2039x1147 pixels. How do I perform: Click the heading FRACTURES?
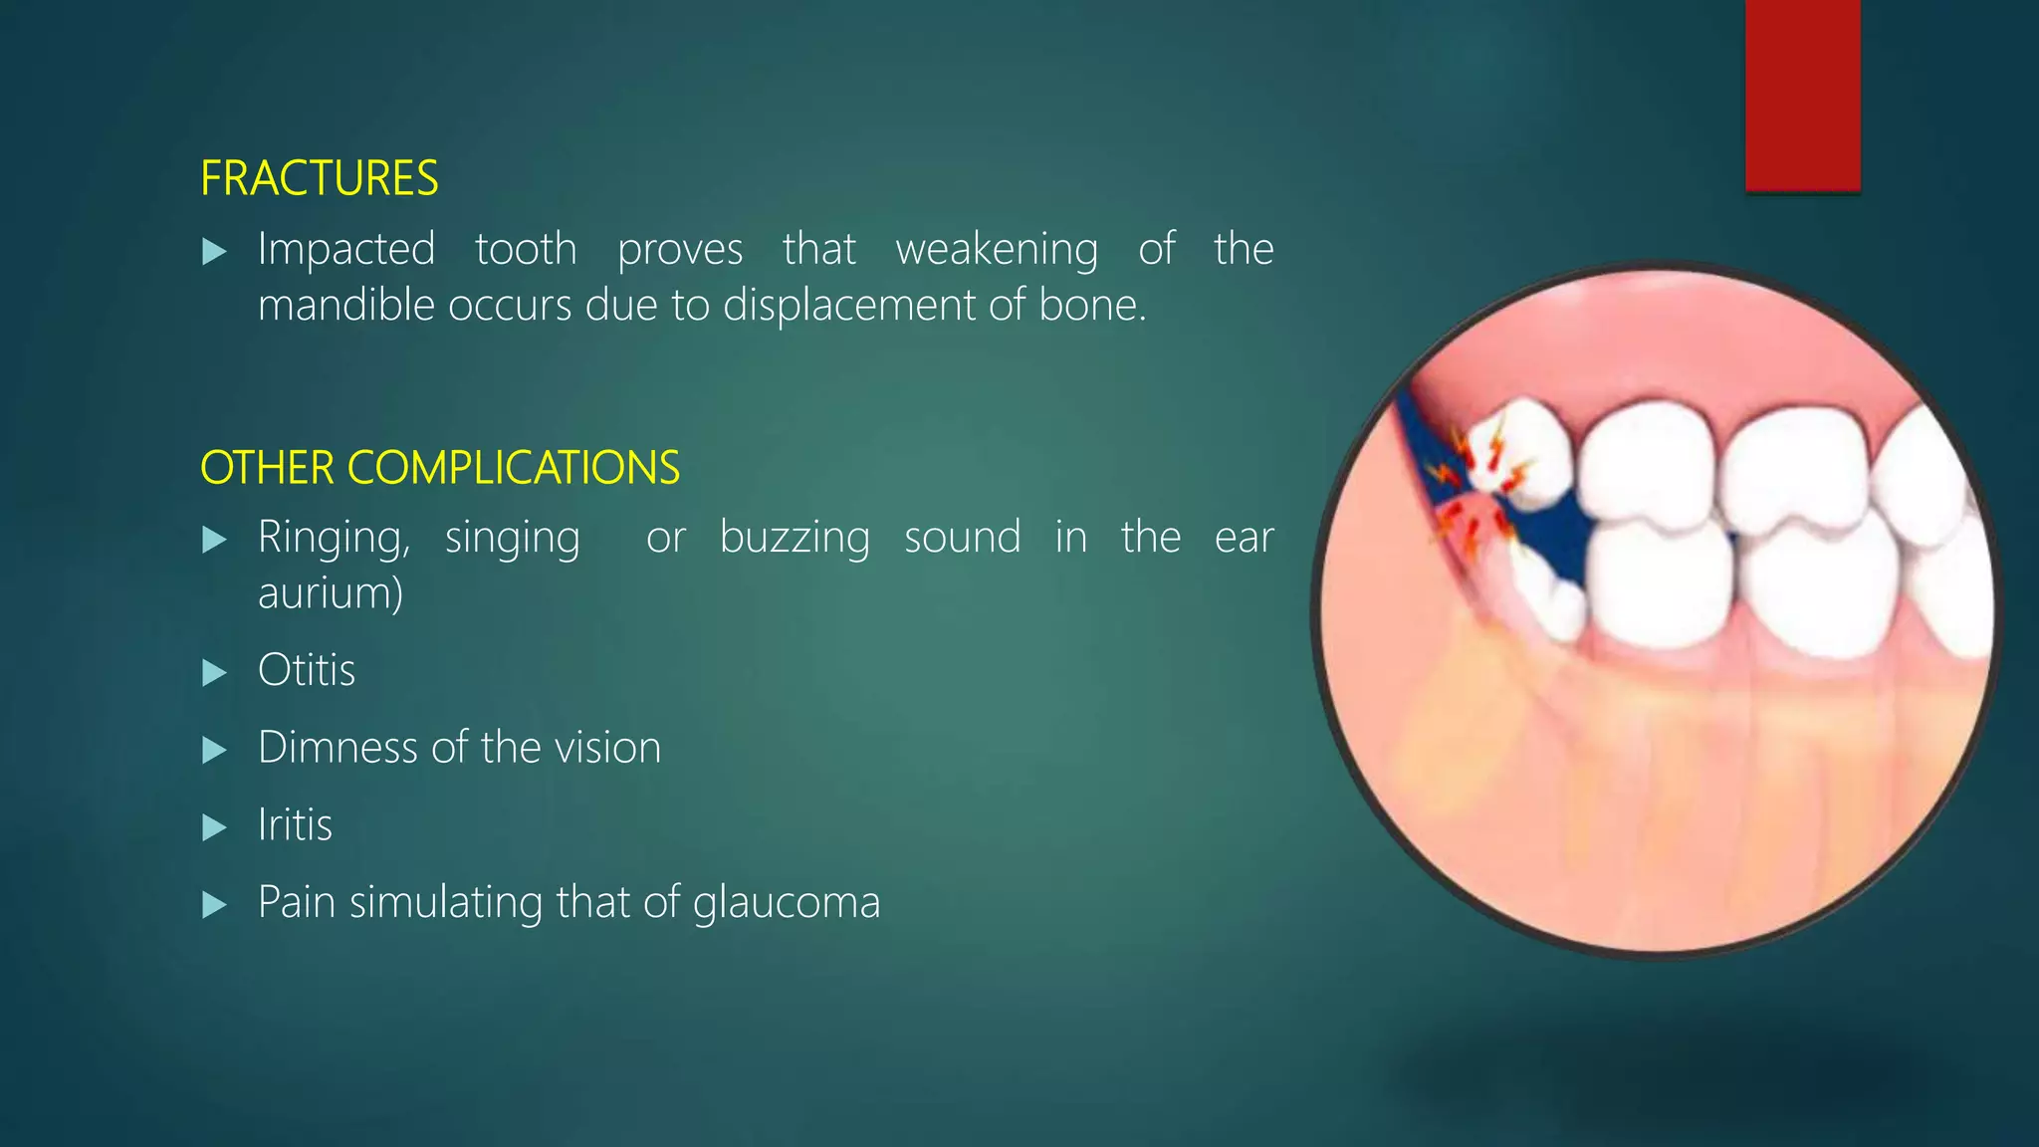point(319,179)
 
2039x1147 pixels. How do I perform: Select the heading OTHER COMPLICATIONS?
point(440,468)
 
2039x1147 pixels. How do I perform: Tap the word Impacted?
point(346,249)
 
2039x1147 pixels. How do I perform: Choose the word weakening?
point(997,249)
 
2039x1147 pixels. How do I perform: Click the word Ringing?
point(334,539)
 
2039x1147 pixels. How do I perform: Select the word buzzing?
point(794,539)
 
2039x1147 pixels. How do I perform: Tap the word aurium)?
point(331,593)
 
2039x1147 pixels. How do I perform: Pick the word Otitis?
point(307,670)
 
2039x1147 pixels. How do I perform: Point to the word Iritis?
point(295,825)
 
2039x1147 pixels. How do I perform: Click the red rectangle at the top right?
point(1802,95)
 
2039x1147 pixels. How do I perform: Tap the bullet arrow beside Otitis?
point(214,673)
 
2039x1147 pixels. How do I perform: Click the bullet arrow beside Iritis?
point(214,827)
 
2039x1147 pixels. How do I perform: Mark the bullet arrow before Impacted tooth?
point(214,252)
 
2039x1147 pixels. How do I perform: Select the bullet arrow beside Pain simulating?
point(214,905)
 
